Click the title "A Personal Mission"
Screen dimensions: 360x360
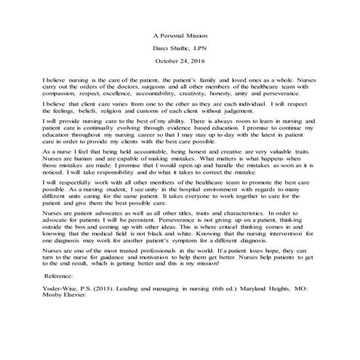pyautogui.click(x=180, y=33)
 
